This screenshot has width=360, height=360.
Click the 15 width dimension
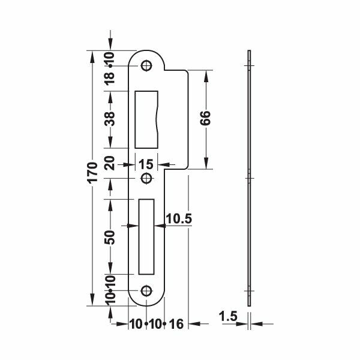[x=146, y=164]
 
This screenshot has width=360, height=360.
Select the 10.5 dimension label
[x=178, y=220]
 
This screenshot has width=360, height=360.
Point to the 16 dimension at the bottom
[x=176, y=325]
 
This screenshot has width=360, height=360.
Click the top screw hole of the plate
[x=146, y=66]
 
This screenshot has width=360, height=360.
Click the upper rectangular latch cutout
[x=146, y=119]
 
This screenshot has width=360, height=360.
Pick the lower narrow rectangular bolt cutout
[x=146, y=235]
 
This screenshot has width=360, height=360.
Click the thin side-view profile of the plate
[x=250, y=180]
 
